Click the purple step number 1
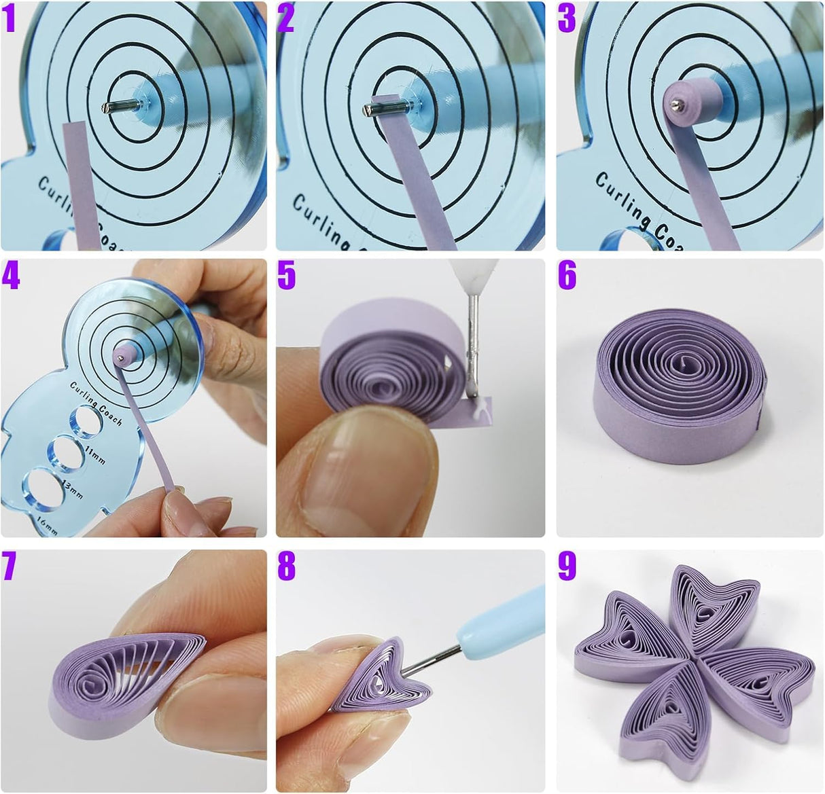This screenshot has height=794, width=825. (x=9, y=19)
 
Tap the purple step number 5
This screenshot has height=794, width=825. (x=287, y=276)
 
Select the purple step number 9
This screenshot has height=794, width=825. (x=567, y=566)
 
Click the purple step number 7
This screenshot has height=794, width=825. (x=9, y=566)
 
